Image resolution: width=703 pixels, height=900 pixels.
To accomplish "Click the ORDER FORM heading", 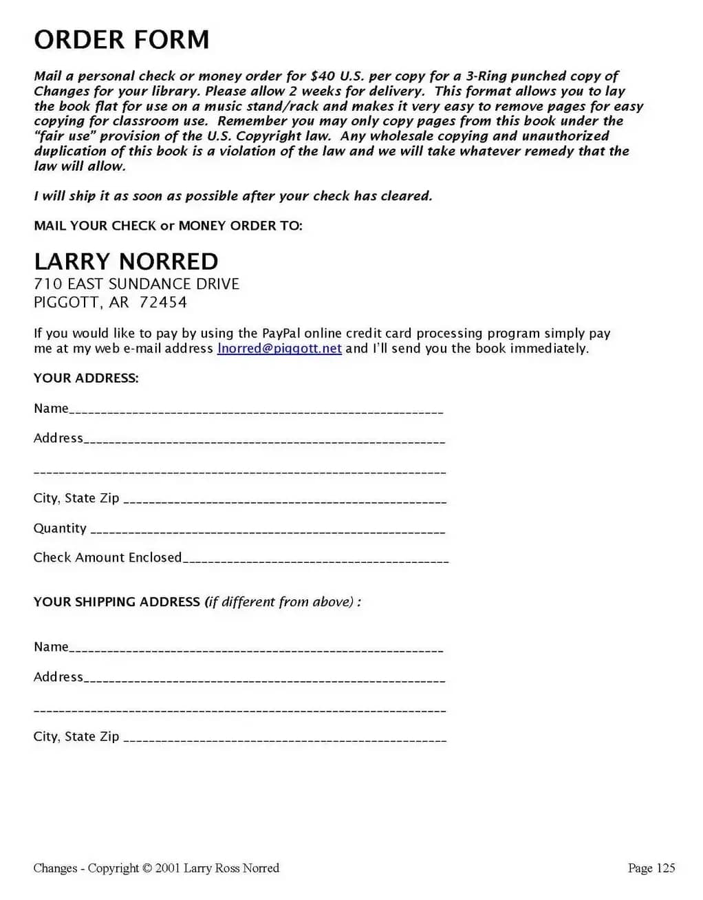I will tap(122, 40).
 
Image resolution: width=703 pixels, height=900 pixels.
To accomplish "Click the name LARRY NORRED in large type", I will tap(126, 261).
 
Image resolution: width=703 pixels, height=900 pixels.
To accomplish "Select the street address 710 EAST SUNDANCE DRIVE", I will tap(136, 284).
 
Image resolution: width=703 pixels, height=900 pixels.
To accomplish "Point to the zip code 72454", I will tap(163, 302).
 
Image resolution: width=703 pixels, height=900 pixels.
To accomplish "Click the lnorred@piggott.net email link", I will tap(279, 348).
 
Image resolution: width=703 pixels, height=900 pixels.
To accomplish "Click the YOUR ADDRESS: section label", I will tap(86, 378).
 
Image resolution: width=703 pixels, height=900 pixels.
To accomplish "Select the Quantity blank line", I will tap(268, 531).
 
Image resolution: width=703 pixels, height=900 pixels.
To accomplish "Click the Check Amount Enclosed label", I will tap(107, 557).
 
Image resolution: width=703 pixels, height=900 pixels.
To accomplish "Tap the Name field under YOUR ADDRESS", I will tap(256, 410).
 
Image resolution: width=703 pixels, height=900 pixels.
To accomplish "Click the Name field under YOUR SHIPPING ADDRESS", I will tap(256, 648).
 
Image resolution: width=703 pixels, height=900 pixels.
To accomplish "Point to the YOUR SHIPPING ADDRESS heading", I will tap(117, 602).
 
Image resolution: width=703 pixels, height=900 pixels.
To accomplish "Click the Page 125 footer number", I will tap(651, 868).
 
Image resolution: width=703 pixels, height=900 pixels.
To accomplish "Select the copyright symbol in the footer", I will tap(147, 868).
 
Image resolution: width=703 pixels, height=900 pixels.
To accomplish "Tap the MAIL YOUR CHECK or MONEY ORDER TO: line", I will tap(168, 226).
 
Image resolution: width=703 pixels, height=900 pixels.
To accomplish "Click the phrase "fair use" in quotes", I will tap(63, 136).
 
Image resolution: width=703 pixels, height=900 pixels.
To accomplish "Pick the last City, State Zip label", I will tap(76, 736).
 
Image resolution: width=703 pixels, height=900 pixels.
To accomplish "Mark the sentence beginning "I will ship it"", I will tap(233, 196).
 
